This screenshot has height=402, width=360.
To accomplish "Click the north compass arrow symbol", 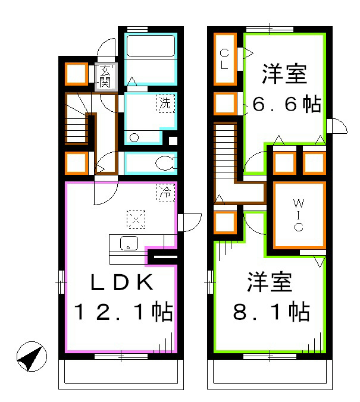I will (x=32, y=358).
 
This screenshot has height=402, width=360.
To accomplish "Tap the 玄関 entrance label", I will (x=105, y=76).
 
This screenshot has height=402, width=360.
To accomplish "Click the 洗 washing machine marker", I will (x=166, y=103).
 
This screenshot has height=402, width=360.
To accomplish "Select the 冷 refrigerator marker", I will (x=165, y=191).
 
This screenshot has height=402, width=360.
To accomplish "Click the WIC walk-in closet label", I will (x=299, y=215).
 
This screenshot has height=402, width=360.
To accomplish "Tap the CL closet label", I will (x=224, y=59).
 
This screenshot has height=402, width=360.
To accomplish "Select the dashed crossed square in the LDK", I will (x=136, y=220).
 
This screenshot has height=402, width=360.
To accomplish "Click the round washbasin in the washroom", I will (x=134, y=137).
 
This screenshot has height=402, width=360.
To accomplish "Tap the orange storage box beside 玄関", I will (x=77, y=74).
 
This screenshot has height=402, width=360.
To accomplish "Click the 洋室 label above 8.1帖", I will (x=270, y=282).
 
